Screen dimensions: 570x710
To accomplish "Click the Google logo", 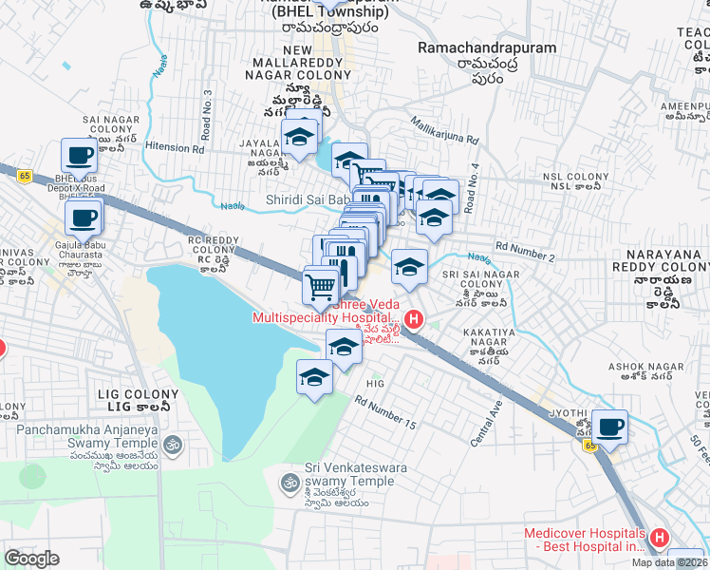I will click(32, 558).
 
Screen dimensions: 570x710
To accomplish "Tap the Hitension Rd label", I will click(175, 148).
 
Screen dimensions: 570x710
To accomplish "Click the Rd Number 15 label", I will click(385, 410).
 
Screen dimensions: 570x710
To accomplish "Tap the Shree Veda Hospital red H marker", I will click(413, 319).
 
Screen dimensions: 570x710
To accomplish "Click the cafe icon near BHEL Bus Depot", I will click(80, 156).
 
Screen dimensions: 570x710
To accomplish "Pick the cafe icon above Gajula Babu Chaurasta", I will click(83, 218).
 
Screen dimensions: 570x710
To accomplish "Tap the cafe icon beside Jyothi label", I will click(611, 427).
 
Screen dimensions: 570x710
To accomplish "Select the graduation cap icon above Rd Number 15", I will click(315, 377).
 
